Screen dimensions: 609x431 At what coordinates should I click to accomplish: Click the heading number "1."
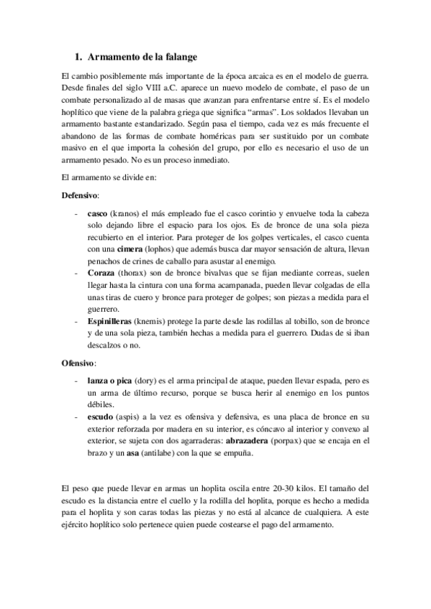coord(80,56)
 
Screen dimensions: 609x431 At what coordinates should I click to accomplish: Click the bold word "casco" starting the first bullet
coord(97,213)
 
